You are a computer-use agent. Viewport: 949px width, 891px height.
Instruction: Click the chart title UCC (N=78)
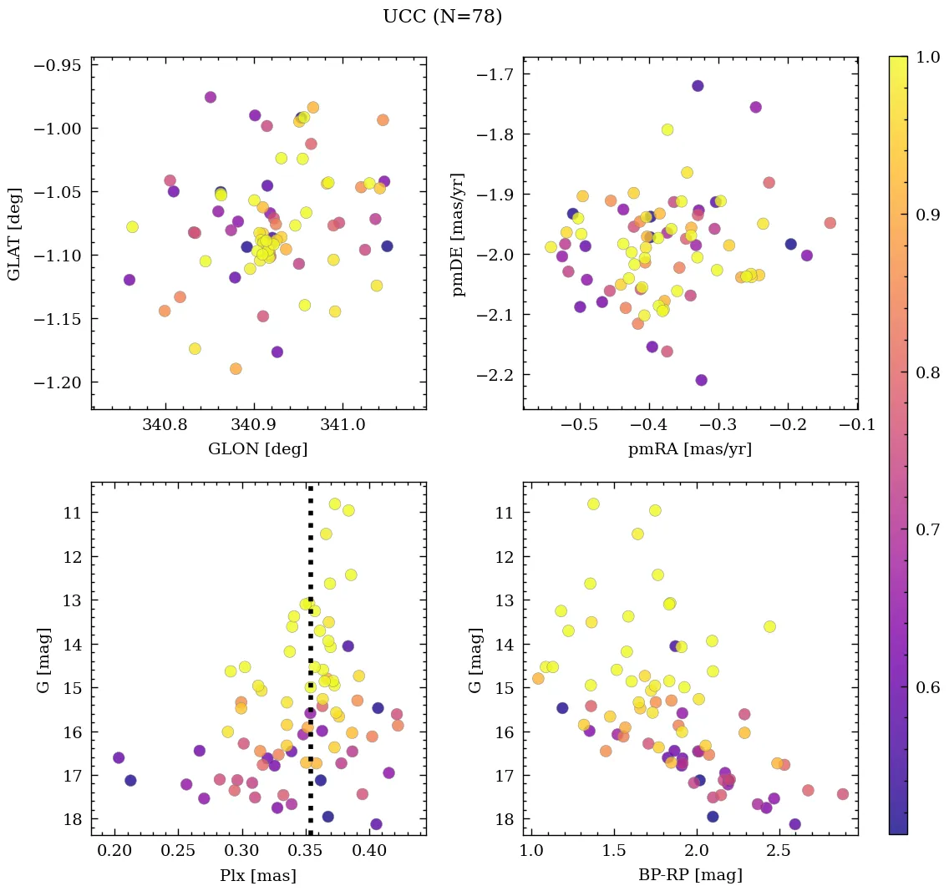442,17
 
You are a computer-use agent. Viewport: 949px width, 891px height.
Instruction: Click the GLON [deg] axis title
258,449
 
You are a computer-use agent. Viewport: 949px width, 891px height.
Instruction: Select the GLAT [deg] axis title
14,233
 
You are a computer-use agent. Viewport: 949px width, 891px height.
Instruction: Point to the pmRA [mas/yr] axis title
690,449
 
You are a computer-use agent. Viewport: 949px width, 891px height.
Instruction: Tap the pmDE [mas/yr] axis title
458,235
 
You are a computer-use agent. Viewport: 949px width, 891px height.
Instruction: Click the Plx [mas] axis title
258,875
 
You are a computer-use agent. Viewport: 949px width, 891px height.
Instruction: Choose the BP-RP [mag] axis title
690,875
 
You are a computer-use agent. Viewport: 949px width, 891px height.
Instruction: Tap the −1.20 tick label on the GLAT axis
58,382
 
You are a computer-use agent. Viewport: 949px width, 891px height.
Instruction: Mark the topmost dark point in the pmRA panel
698,86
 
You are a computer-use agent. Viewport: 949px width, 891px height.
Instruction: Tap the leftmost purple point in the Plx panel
119,757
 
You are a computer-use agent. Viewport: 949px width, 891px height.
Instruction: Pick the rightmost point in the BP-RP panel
842,794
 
